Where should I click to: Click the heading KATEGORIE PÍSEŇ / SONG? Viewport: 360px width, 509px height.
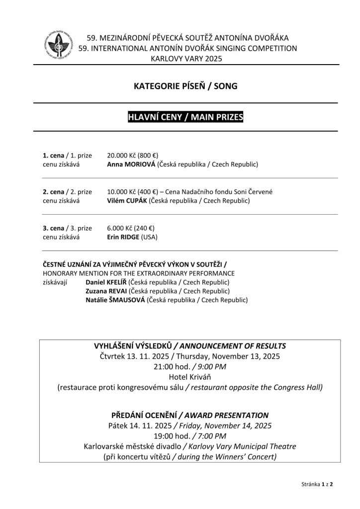point(185,86)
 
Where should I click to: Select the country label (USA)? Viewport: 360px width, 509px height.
point(149,237)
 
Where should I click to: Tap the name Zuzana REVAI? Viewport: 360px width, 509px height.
point(106,291)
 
